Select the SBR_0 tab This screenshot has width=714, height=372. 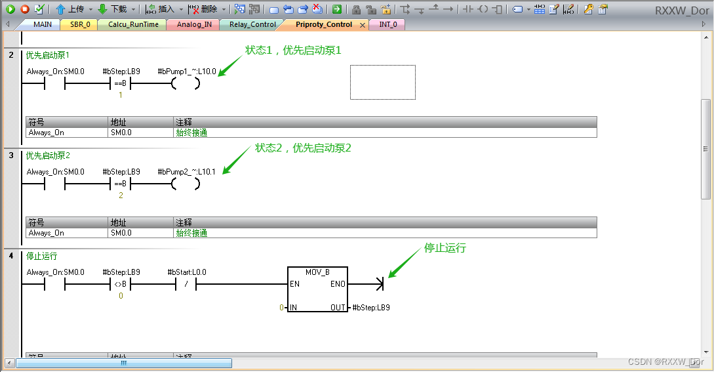79,24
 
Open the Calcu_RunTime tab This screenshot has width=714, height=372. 133,24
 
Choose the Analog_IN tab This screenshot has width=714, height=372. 194,24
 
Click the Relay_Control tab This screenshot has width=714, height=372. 252,24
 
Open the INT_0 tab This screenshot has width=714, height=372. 388,24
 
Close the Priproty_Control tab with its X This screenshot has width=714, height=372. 363,25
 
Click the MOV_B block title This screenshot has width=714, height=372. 318,272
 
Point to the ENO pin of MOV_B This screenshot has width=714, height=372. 338,284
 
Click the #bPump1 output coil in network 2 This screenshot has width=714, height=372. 186,83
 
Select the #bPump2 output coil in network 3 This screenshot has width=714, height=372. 186,184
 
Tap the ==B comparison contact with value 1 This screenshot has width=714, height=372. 120,83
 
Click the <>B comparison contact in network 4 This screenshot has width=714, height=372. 120,284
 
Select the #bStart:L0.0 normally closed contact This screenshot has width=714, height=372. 186,284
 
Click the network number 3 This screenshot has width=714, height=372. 11,155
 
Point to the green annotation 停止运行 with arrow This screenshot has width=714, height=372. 445,248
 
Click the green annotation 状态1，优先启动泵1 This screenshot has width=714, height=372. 293,50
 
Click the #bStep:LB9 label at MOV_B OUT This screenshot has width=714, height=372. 371,307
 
